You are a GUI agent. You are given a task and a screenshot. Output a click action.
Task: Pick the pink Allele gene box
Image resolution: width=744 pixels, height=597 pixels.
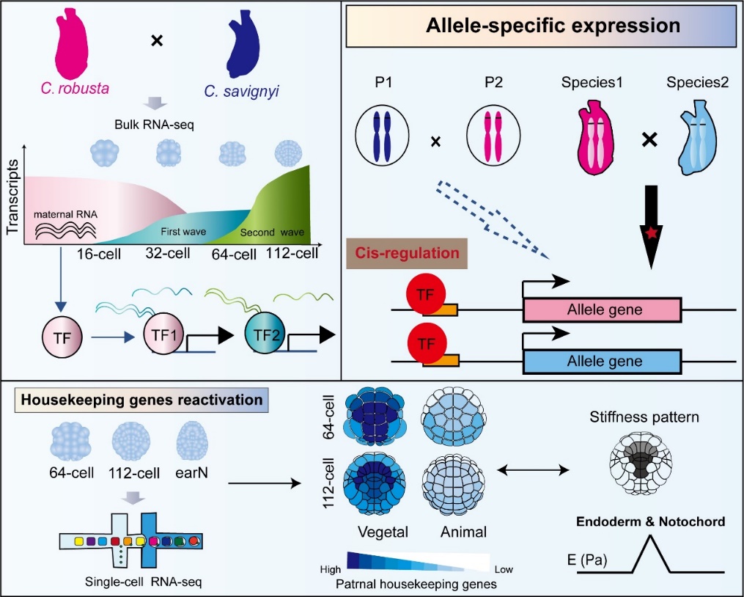click(602, 310)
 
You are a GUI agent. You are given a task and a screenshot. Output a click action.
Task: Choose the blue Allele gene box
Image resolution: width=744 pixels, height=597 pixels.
click(602, 361)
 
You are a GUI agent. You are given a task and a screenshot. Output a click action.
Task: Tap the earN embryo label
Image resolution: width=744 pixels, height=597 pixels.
click(193, 473)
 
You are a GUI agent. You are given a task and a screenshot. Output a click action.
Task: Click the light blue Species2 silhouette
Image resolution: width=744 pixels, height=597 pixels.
click(697, 136)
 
